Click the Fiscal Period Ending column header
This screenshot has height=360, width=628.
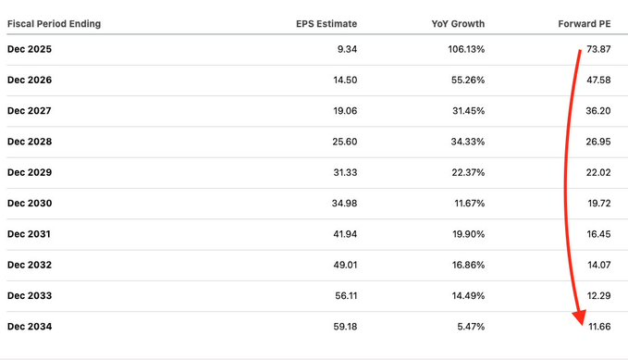[x=54, y=24]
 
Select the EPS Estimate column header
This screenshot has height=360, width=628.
[x=326, y=24]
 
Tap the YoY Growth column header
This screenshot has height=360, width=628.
[x=458, y=24]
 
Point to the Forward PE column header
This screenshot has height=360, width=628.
[x=585, y=24]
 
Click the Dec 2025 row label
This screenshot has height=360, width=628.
[x=30, y=49]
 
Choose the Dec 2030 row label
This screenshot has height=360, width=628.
[x=30, y=204]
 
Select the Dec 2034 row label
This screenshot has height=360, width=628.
[x=30, y=327]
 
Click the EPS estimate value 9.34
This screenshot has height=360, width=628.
[x=347, y=49]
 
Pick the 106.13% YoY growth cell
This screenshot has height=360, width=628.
[x=466, y=49]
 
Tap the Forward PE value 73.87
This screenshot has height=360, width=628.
[x=598, y=49]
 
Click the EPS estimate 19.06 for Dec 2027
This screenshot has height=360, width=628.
[x=345, y=111]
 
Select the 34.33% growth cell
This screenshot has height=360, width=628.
[x=467, y=142]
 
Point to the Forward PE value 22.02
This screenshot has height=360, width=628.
[x=598, y=172]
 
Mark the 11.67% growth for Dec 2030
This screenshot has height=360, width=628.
[x=470, y=204]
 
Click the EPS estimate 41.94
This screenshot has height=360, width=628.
[x=345, y=234]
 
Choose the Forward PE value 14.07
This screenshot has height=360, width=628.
[x=598, y=265]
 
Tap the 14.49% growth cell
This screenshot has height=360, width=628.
[x=468, y=296]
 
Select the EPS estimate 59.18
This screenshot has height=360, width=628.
[x=345, y=327]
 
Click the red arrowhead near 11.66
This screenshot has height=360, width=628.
[x=580, y=317]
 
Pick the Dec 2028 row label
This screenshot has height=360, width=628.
[x=30, y=142]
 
